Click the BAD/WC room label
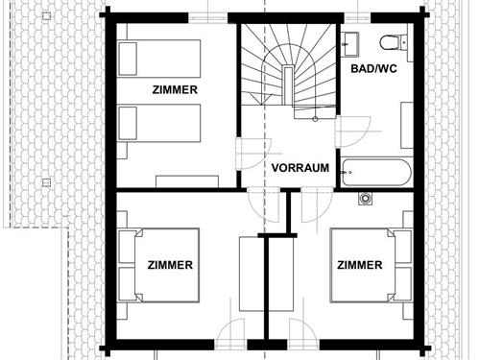pos(373,68)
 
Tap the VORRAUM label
pos(300,168)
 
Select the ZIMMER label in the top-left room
pos(175,90)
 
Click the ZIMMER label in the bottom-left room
pos(170,265)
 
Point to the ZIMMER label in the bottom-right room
pos(360,265)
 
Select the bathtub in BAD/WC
pos(376,173)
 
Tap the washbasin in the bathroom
pos(350,43)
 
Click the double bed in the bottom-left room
pos(158,265)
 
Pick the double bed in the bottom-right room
pos(372,265)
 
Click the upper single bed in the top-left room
pos(158,59)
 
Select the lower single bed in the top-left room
pos(158,123)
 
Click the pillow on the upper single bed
pos(128,59)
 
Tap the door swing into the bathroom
pos(353,132)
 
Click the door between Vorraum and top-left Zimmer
pos(253,154)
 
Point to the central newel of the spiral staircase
pos(288,84)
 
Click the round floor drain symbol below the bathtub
pos(365,199)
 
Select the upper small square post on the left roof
pos(46,15)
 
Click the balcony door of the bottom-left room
pos(230,333)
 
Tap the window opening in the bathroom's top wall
pos(357,17)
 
